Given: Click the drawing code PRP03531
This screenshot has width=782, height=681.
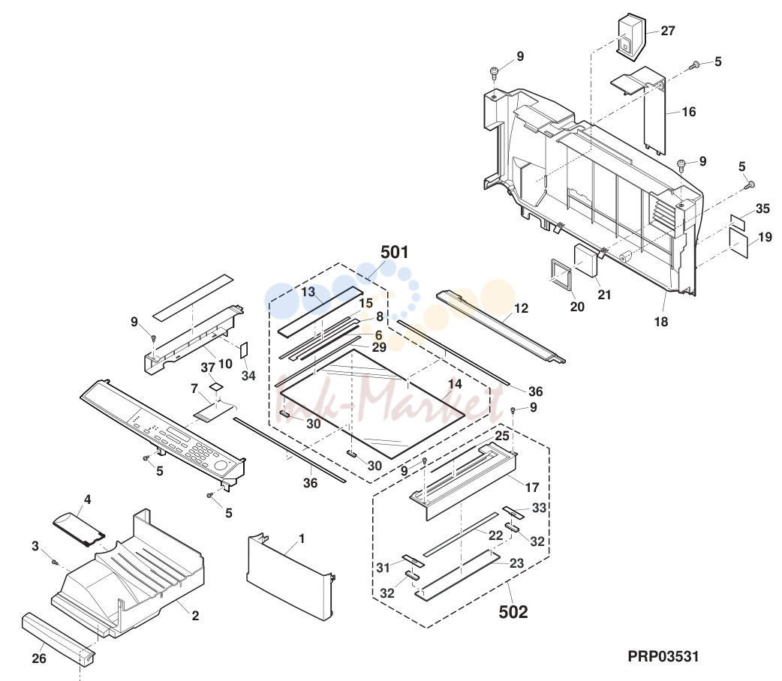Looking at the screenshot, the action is point(663,656).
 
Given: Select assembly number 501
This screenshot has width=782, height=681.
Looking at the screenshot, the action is point(395,252).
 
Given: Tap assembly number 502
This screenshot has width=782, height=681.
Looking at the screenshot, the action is point(513,612).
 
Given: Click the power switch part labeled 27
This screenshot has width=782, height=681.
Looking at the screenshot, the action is point(632,38).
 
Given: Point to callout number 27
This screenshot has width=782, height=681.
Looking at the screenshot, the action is point(668,31).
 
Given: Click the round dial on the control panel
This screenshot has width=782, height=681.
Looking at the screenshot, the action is point(220,466).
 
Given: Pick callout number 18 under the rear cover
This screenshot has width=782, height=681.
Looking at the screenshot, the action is point(661,322).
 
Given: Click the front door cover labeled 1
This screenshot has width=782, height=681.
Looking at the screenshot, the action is point(290,577).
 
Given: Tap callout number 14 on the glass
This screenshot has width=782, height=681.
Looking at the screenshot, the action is point(455,384).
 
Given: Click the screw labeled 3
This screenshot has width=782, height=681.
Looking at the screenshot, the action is point(55,562).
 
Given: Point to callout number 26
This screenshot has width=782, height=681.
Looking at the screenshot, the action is point(39,658).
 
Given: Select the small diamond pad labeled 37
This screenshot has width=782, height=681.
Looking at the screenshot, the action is point(215,385).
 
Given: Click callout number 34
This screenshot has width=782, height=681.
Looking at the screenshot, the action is point(248,376).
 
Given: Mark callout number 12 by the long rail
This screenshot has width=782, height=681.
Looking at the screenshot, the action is point(521,308).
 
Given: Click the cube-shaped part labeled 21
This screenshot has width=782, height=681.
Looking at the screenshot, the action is point(587,259).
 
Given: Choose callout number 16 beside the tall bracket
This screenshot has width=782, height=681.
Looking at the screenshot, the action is point(689,112).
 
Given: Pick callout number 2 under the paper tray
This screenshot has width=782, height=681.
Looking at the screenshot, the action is point(195,616).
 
